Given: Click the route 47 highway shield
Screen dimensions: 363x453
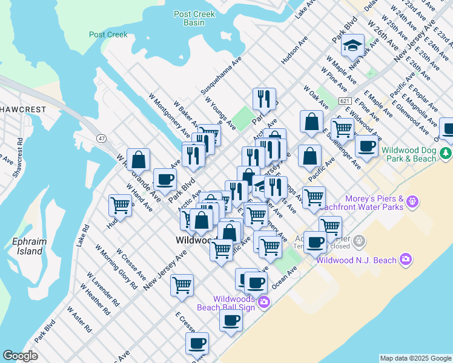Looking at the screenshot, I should point(101,139).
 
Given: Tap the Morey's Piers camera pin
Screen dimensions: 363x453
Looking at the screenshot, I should point(413,200).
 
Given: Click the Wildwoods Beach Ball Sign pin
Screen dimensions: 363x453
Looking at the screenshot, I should point(263,301).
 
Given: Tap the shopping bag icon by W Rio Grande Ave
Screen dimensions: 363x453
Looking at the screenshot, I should point(139,160).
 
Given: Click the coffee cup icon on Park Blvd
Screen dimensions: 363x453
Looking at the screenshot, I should point(165,180).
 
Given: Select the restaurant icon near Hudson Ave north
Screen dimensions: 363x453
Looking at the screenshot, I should point(264,99).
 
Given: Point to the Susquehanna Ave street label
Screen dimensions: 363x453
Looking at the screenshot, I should point(221,80).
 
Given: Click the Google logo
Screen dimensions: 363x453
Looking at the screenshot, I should point(20,356).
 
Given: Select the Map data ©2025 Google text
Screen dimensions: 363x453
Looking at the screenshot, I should point(415,358).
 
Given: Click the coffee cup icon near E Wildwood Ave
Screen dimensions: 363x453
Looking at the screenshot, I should point(366,146).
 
